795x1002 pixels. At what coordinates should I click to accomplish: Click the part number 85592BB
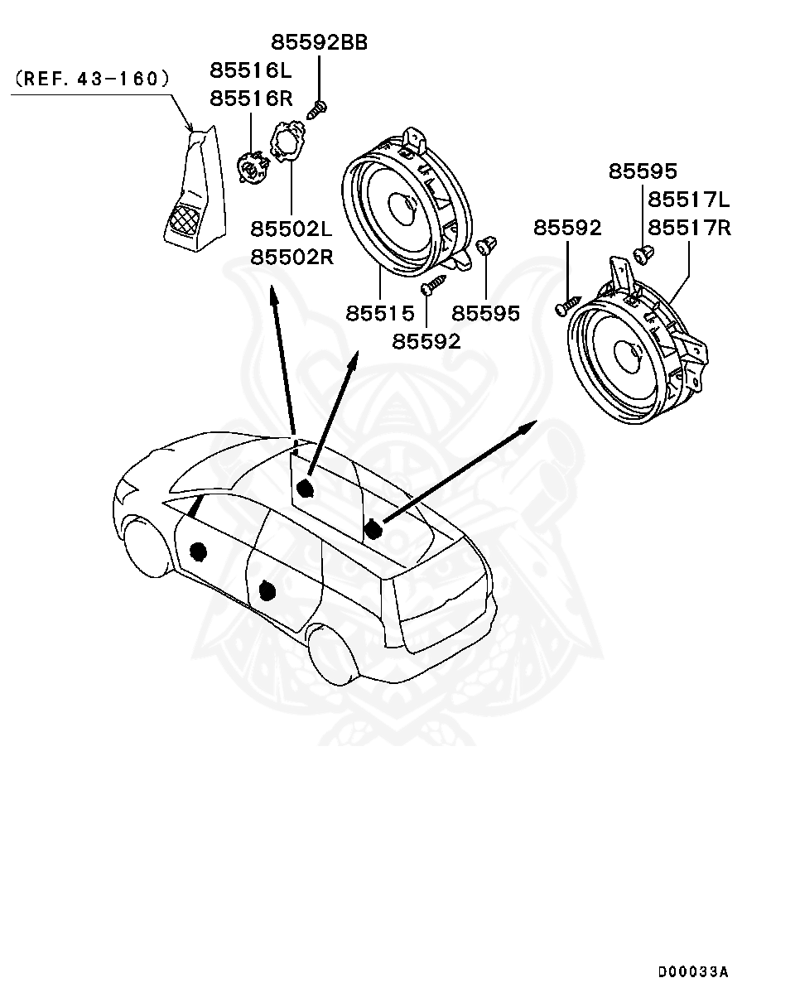click(x=319, y=42)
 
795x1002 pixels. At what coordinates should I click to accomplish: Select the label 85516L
click(x=251, y=70)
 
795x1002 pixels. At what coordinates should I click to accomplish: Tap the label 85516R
click(x=251, y=98)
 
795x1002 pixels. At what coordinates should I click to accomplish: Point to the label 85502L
click(x=291, y=229)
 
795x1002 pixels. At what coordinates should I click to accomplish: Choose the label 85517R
click(x=689, y=227)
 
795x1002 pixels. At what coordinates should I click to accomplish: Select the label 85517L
click(x=689, y=200)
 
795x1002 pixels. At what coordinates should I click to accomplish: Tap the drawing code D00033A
click(x=693, y=971)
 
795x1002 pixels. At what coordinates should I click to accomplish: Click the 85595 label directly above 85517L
click(x=643, y=171)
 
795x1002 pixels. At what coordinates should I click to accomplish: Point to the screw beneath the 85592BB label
click(x=318, y=108)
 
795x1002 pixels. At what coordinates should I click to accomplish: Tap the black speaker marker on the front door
click(x=198, y=551)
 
